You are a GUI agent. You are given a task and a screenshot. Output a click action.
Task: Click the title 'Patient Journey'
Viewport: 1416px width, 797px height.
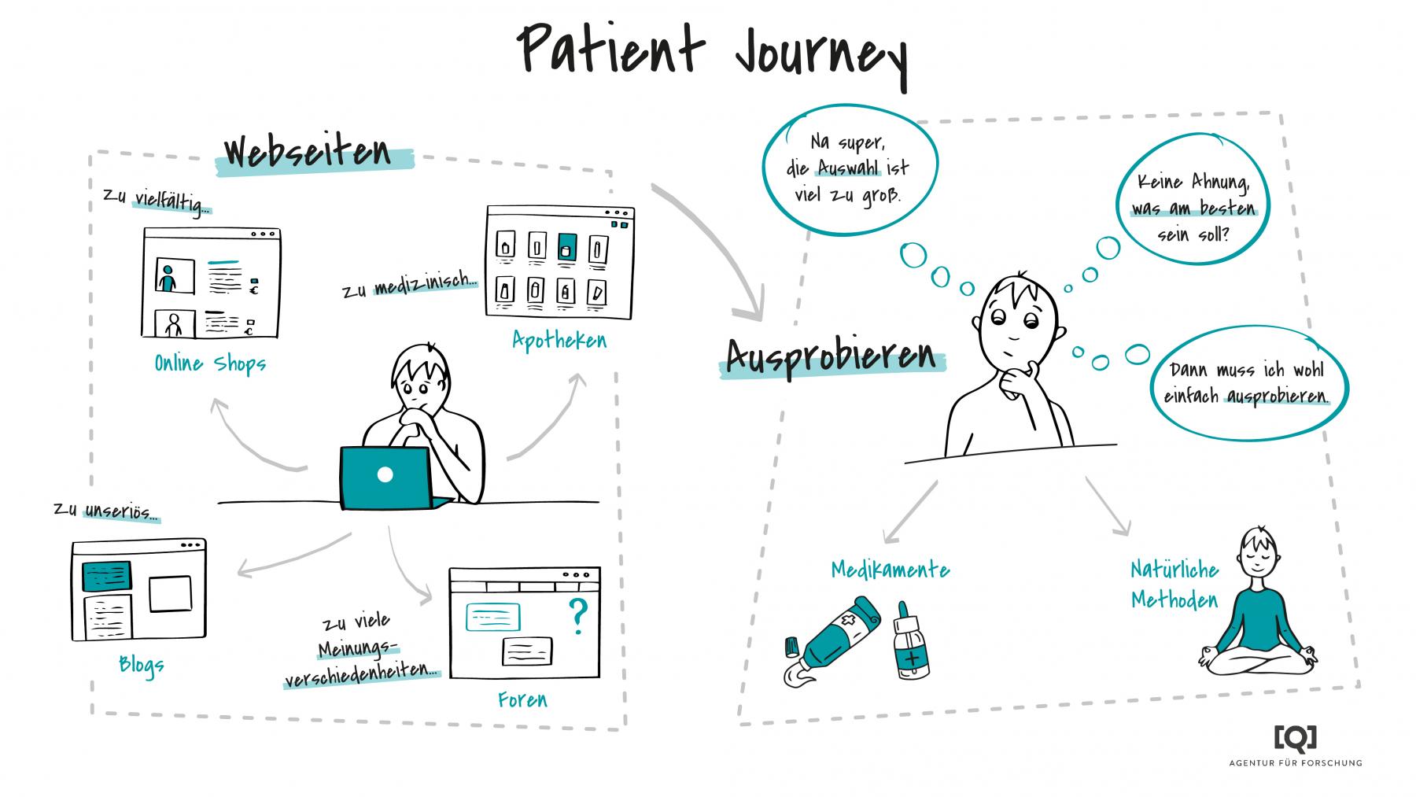pos(712,49)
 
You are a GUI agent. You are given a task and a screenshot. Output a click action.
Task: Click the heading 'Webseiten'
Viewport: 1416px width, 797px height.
pos(308,152)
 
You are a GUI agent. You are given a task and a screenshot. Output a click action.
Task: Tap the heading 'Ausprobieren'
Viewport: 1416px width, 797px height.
pos(831,358)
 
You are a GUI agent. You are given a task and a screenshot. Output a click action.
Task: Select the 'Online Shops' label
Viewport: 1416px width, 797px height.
pos(210,363)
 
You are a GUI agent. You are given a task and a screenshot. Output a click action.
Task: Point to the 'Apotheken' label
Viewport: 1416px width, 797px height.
pos(559,340)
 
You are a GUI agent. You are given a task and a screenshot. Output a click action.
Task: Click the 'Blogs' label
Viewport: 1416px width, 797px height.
pos(142,665)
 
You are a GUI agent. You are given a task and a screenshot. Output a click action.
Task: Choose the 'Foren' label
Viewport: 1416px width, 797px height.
pos(522,699)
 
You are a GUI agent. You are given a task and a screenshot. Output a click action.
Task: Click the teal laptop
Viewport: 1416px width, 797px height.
pos(385,477)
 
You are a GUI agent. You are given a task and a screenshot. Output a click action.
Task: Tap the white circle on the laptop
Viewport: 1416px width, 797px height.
pos(385,474)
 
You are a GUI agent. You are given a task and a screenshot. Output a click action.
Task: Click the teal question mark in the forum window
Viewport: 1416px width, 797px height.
pos(577,616)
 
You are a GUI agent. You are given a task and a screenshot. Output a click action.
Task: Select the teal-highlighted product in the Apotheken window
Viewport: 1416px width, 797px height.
pos(566,247)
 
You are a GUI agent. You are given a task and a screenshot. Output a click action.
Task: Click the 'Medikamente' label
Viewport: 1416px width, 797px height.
pos(891,570)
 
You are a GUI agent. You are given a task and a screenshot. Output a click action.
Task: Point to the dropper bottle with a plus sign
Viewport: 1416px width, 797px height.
pos(910,643)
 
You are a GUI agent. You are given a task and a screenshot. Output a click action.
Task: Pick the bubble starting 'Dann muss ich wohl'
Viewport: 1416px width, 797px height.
pos(1247,382)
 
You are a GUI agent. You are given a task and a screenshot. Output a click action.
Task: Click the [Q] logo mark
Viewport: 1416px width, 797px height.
pos(1295,736)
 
